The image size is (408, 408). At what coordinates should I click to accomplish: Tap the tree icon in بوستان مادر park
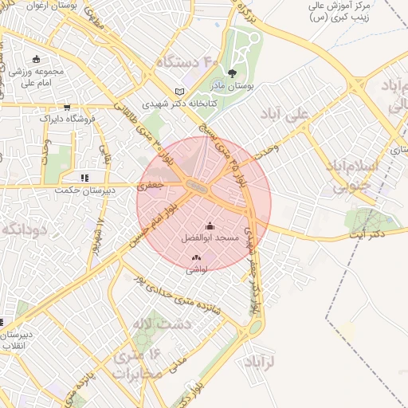pos(232,74)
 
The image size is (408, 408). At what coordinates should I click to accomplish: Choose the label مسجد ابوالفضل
pos(210,237)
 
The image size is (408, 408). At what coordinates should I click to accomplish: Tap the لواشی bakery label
pos(196,269)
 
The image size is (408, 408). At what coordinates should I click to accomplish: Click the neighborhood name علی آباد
pos(284,115)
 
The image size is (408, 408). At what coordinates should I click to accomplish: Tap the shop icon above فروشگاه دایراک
pos(67,106)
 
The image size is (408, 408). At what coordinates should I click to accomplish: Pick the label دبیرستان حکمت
pos(85,190)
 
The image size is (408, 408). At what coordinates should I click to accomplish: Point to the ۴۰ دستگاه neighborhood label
pos(186,61)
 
